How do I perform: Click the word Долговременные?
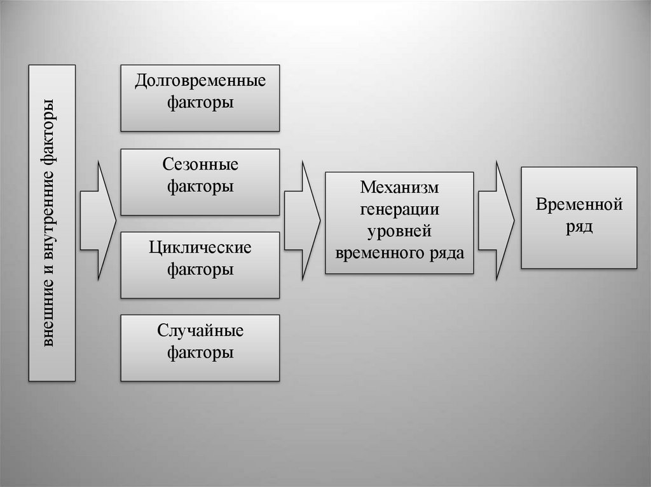[200, 82]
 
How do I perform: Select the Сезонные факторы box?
[200, 182]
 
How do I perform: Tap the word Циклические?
[200, 248]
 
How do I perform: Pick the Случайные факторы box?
[200, 347]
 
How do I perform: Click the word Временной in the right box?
[579, 205]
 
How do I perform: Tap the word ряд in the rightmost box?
[579, 227]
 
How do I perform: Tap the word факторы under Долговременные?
[200, 103]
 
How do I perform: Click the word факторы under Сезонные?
[200, 187]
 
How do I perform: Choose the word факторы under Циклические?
[200, 269]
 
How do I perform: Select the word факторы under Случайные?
[200, 352]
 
